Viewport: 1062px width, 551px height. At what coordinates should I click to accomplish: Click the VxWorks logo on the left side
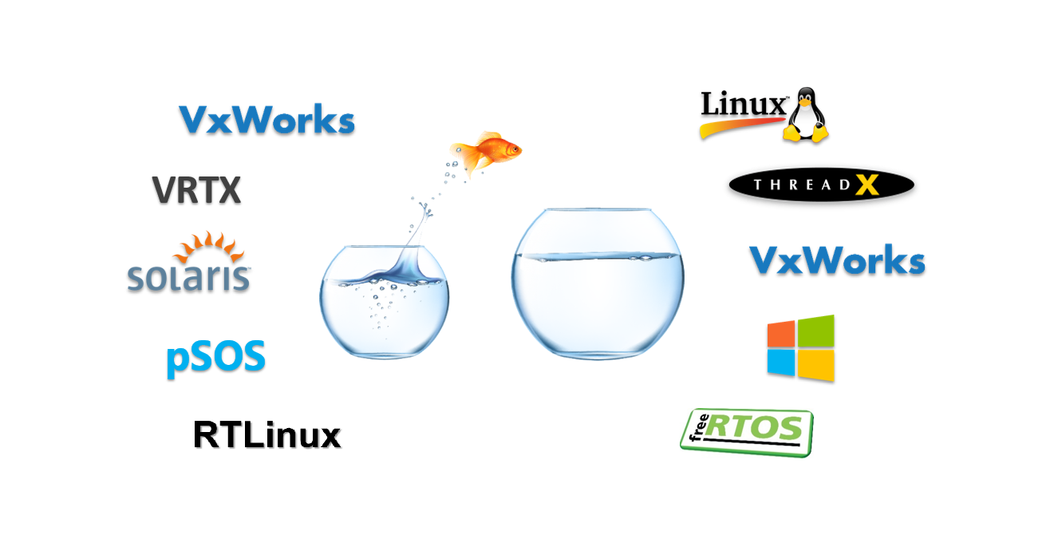(267, 119)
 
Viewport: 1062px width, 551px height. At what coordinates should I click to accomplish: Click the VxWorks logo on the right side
(837, 260)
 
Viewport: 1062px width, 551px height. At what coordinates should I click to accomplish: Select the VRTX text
(196, 190)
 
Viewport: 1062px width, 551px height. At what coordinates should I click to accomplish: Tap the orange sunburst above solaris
(209, 246)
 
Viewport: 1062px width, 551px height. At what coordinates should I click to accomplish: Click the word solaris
(188, 277)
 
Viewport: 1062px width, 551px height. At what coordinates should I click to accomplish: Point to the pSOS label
(215, 358)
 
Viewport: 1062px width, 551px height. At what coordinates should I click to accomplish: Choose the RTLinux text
(267, 434)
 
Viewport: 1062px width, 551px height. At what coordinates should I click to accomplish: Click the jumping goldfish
(485, 151)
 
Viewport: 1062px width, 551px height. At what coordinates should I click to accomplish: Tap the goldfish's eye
(514, 149)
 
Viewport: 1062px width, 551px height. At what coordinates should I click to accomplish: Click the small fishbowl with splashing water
(384, 301)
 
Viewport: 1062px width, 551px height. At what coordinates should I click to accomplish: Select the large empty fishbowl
(598, 283)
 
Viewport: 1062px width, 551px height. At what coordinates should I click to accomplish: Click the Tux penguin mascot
(806, 114)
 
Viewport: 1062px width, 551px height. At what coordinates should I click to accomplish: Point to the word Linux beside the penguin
(743, 104)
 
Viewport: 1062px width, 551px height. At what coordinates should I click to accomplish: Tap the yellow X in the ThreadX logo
(867, 185)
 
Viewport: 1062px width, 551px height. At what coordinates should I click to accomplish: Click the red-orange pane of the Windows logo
(781, 334)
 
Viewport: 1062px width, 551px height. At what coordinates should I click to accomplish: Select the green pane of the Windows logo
(816, 331)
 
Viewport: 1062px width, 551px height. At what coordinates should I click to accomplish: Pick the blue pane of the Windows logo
(781, 363)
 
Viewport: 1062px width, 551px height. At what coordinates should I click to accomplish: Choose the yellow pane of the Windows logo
(816, 365)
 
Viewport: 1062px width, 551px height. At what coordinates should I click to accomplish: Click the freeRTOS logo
(747, 432)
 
